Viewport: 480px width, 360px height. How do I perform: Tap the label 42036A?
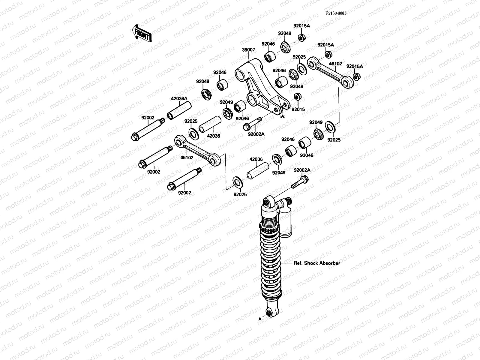click(179, 98)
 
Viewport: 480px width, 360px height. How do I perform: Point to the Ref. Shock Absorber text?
click(317, 263)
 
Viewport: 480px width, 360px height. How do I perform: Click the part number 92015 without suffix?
click(298, 109)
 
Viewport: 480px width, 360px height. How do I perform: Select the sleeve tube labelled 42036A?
click(179, 110)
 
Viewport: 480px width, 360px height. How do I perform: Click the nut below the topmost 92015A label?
click(301, 38)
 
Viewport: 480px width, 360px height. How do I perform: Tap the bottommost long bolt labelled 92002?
click(184, 178)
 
